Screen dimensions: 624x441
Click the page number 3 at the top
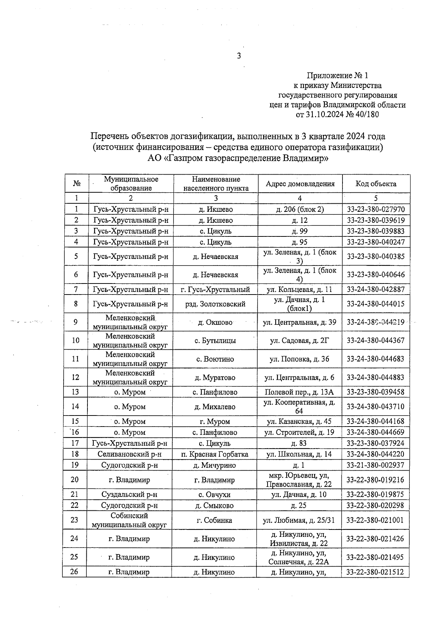[239, 56]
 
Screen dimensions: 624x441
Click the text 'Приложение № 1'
[337, 76]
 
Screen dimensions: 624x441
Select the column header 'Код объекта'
[376, 184]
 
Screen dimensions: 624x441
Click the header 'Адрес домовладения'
[300, 184]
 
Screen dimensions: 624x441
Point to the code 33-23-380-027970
[376, 210]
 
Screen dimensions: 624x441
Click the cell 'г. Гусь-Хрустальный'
[215, 289]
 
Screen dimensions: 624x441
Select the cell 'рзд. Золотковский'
[215, 304]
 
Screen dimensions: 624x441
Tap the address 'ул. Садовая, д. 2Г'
[300, 340]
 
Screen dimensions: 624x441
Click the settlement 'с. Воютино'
[215, 359]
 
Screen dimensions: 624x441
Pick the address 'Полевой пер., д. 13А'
[300, 392]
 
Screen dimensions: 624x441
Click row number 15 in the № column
[75, 421]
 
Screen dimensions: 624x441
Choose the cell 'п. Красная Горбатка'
[215, 454]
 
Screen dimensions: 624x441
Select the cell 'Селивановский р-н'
[130, 454]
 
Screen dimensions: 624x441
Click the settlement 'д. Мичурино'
[215, 466]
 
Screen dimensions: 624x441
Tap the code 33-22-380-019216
[375, 480]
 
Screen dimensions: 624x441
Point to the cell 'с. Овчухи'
[215, 495]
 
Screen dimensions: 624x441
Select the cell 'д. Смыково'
[215, 506]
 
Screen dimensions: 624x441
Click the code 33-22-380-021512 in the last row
[375, 572]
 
